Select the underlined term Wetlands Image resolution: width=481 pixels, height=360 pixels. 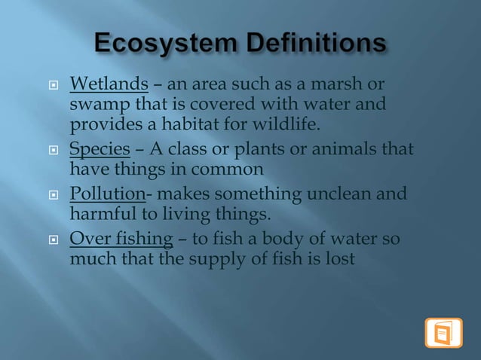(x=109, y=82)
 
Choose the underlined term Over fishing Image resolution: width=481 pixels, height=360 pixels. (x=121, y=240)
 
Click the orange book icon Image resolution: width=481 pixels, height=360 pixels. (x=443, y=333)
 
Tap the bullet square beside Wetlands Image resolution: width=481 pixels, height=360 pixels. (x=54, y=83)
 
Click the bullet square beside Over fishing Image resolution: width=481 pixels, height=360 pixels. (x=54, y=241)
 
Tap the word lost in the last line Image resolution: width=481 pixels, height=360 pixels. (x=341, y=261)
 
